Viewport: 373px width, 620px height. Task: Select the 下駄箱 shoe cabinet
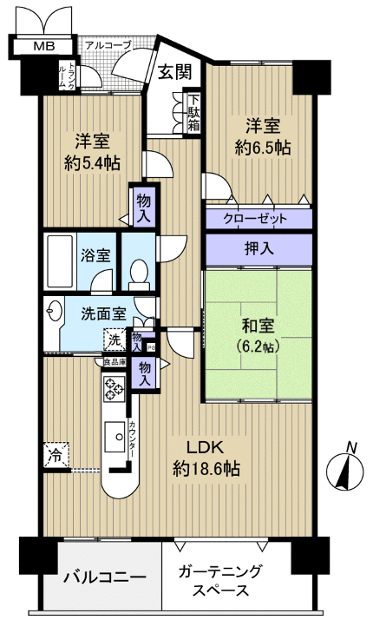pyautogui.click(x=193, y=113)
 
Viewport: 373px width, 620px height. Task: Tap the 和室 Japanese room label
pyautogui.click(x=258, y=327)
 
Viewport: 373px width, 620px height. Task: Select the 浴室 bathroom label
pyautogui.click(x=95, y=257)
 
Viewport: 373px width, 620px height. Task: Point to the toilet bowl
pyautogui.click(x=137, y=274)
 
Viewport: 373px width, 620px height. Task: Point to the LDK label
pyautogui.click(x=206, y=448)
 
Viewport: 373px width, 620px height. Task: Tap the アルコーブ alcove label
pyautogui.click(x=108, y=44)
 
